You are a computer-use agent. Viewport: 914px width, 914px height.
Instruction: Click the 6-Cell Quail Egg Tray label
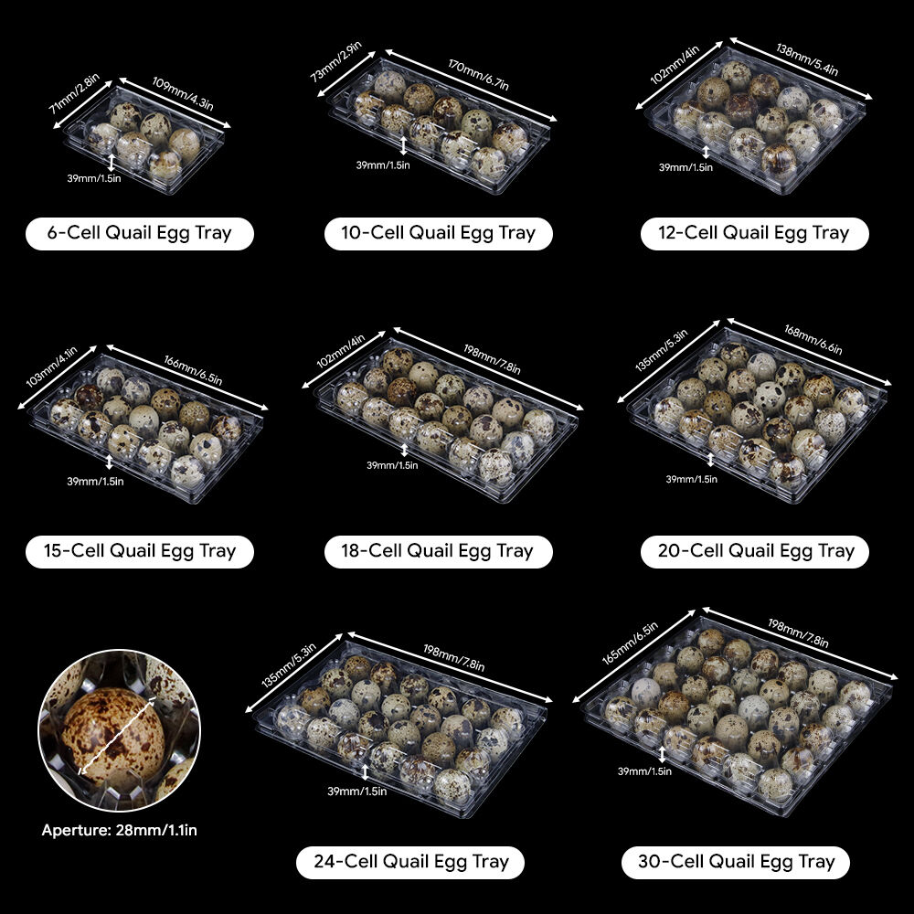[x=139, y=233]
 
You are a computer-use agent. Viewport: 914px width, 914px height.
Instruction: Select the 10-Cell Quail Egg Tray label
[x=438, y=233]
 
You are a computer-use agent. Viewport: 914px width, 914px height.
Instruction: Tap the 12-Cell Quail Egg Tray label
[x=754, y=233]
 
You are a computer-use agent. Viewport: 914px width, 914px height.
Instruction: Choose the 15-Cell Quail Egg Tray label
[x=139, y=551]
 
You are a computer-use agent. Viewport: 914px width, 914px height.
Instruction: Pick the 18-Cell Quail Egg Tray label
[x=438, y=551]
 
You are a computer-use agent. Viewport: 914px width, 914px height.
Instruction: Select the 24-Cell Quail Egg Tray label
[x=411, y=862]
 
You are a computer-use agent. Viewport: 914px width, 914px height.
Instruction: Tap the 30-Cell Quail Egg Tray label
[x=736, y=862]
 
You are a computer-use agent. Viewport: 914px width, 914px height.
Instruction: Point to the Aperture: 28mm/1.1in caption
[x=120, y=830]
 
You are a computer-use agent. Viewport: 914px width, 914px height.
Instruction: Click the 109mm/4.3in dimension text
[x=183, y=93]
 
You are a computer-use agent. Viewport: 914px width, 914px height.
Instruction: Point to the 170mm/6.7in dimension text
[x=478, y=75]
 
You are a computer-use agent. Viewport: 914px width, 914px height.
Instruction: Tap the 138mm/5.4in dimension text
[x=807, y=59]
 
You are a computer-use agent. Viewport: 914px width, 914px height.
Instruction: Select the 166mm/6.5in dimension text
[x=193, y=370]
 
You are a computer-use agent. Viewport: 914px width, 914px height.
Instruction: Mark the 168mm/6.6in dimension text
[x=813, y=339]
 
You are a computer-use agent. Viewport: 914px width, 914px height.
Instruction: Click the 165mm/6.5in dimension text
[x=630, y=643]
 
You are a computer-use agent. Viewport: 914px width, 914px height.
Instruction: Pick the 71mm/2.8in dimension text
[x=74, y=93]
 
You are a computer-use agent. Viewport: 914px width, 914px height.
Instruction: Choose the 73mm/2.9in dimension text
[x=335, y=60]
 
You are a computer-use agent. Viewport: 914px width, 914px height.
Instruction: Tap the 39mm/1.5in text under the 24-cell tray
[x=356, y=791]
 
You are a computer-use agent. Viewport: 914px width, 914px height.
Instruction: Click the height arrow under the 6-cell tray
[x=112, y=163]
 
